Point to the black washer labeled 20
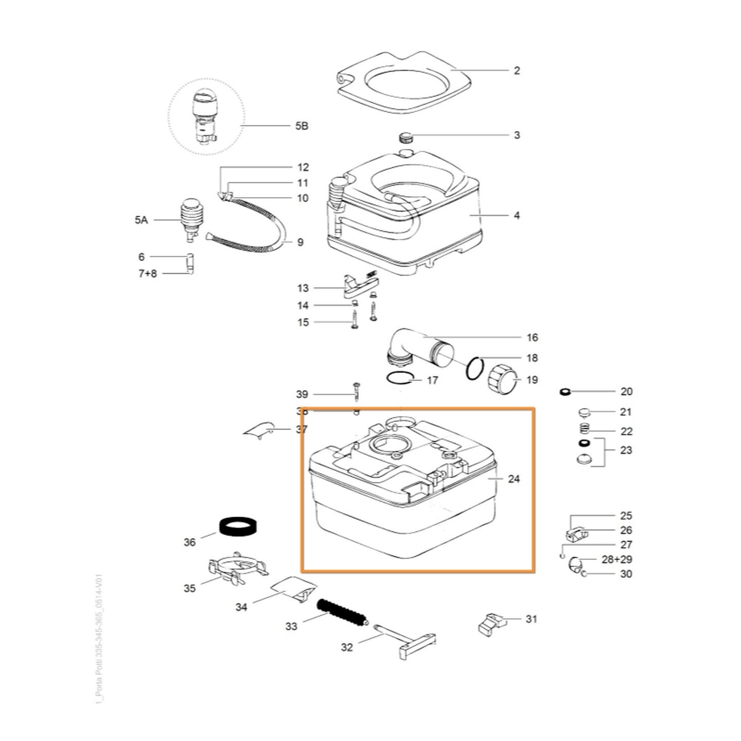tap(566, 392)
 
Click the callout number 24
tap(514, 479)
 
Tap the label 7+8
tap(147, 274)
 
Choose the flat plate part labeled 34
tap(292, 588)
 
